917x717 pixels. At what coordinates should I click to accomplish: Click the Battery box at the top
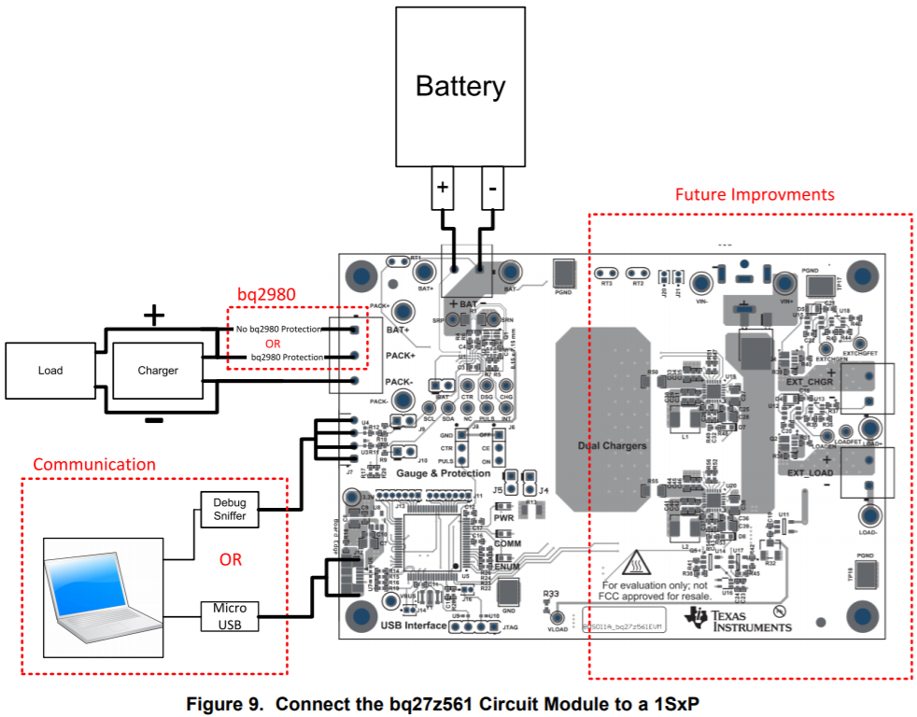[460, 87]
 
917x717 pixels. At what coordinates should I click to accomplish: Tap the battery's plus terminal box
[443, 189]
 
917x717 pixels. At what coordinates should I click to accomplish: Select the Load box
[50, 371]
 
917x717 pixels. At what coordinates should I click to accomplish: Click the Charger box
[158, 371]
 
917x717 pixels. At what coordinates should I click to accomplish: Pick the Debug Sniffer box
[230, 509]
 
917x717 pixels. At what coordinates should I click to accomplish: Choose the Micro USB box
[230, 616]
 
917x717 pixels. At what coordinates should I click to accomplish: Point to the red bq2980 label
[266, 294]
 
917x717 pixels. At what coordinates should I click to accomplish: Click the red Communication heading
[94, 464]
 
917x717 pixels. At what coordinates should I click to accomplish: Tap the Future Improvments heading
[755, 195]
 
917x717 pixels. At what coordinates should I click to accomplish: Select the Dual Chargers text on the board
[612, 446]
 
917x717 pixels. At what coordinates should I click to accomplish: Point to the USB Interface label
[414, 625]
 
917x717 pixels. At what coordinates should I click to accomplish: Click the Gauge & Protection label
[444, 473]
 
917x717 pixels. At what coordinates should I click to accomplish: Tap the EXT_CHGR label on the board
[808, 382]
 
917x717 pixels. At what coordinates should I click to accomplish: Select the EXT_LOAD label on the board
[808, 472]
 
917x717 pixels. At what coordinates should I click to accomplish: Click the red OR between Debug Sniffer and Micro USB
[231, 560]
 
